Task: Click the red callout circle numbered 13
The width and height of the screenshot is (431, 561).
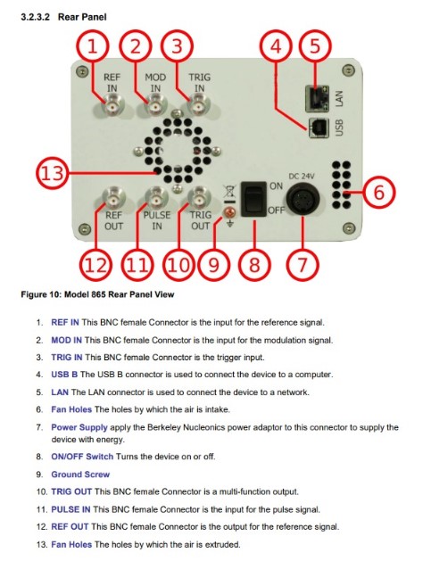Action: pos(37,174)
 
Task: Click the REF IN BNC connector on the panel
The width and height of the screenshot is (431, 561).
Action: pos(113,107)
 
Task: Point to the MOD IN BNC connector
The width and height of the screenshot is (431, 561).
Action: pos(156,107)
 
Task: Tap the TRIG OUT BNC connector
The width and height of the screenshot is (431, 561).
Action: pos(199,199)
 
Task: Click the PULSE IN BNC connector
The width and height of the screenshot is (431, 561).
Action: pos(156,199)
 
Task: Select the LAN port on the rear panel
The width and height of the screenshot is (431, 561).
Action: pos(318,98)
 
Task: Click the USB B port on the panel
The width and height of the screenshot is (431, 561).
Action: pos(319,128)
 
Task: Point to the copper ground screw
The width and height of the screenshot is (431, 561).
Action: pos(230,213)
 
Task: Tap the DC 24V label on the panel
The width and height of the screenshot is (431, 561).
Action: pos(302,177)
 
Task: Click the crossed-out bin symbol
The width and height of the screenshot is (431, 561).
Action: pos(229,191)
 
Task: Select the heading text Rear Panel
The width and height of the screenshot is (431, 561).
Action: pos(82,17)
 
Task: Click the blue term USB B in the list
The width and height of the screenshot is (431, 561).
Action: pos(64,375)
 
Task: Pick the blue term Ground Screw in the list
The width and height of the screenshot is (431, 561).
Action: pos(80,474)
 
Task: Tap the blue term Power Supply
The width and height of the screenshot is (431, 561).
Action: pos(79,427)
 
